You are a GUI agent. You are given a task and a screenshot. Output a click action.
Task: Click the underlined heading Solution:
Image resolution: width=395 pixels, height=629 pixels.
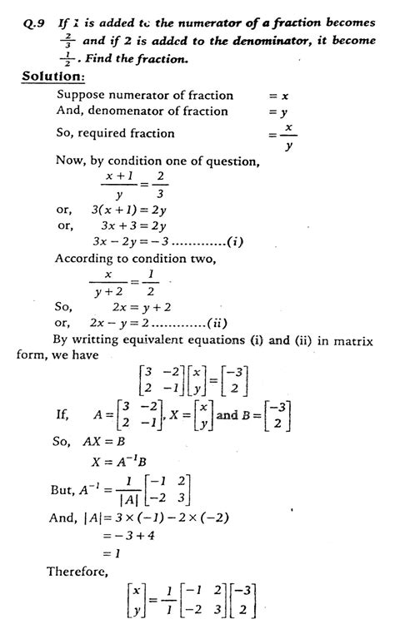53,77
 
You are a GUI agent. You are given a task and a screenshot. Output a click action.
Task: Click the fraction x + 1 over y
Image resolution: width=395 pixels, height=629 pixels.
120,187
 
